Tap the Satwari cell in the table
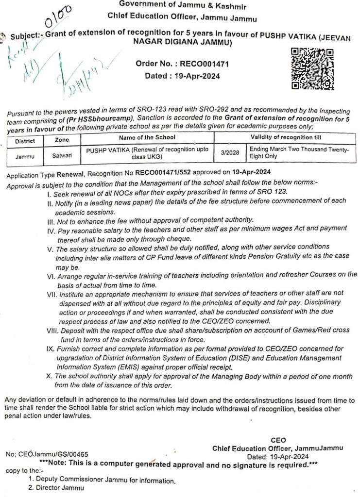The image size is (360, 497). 62,155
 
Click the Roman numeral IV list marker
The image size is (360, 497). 51,228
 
